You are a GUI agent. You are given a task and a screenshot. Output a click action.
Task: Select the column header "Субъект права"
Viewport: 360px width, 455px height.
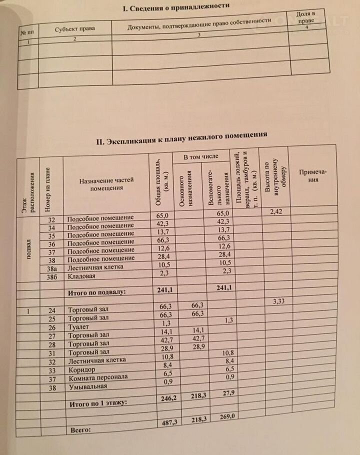coord(75,28)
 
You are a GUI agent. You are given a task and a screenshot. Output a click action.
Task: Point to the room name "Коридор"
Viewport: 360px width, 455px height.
coord(79,369)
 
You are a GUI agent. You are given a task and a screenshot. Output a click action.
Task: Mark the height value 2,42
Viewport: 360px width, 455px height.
coord(276,212)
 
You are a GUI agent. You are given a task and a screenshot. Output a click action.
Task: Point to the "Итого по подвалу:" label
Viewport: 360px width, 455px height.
coord(97,291)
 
